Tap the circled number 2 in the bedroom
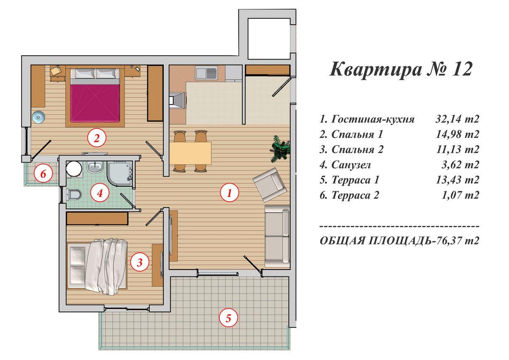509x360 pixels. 96,138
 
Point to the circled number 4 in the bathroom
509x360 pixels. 100,194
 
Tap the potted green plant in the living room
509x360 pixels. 280,149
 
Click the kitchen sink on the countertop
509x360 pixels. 206,73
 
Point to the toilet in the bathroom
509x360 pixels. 74,195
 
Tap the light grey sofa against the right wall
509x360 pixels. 277,235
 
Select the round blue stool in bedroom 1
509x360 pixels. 38,116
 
